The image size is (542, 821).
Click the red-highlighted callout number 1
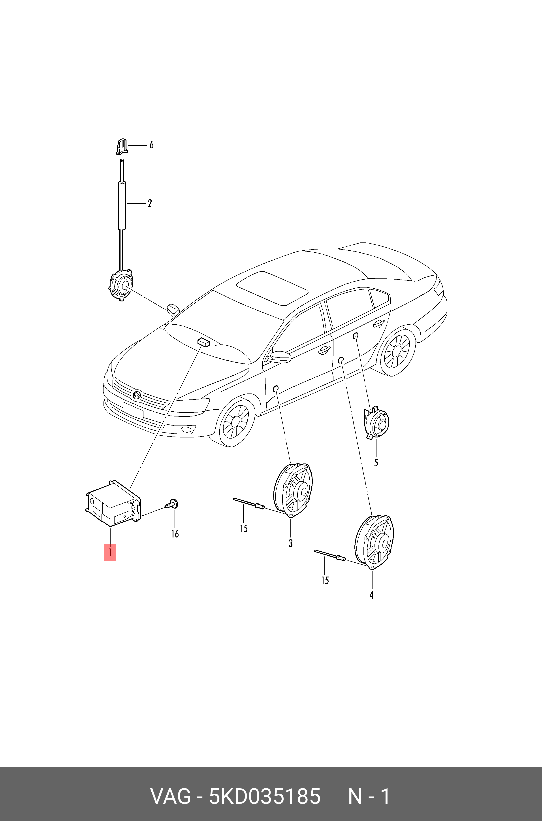coord(110,552)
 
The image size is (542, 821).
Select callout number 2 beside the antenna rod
coord(150,203)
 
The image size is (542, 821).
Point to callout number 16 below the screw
coord(175,534)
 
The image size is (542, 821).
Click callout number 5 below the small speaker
coord(376,463)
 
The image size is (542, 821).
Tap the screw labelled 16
coord(171,504)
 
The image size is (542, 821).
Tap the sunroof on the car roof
coord(272,288)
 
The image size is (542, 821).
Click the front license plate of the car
coord(133,411)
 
